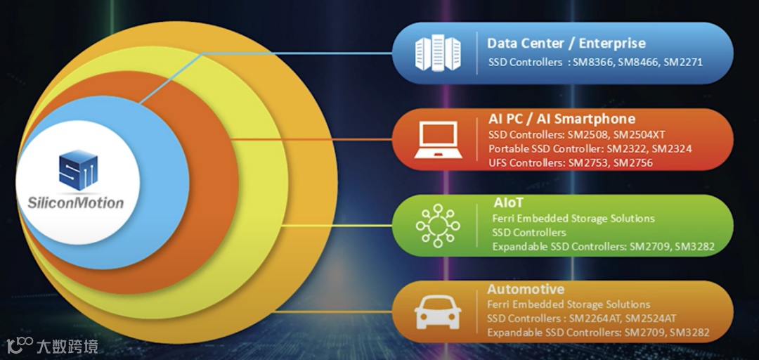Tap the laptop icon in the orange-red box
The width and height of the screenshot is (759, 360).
(436, 140)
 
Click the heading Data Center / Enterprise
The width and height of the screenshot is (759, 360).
(566, 44)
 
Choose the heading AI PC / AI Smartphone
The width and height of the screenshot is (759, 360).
(562, 119)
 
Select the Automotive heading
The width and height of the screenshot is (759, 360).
(526, 289)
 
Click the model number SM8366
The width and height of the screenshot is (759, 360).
(592, 63)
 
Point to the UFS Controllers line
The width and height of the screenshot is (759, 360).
(570, 163)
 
